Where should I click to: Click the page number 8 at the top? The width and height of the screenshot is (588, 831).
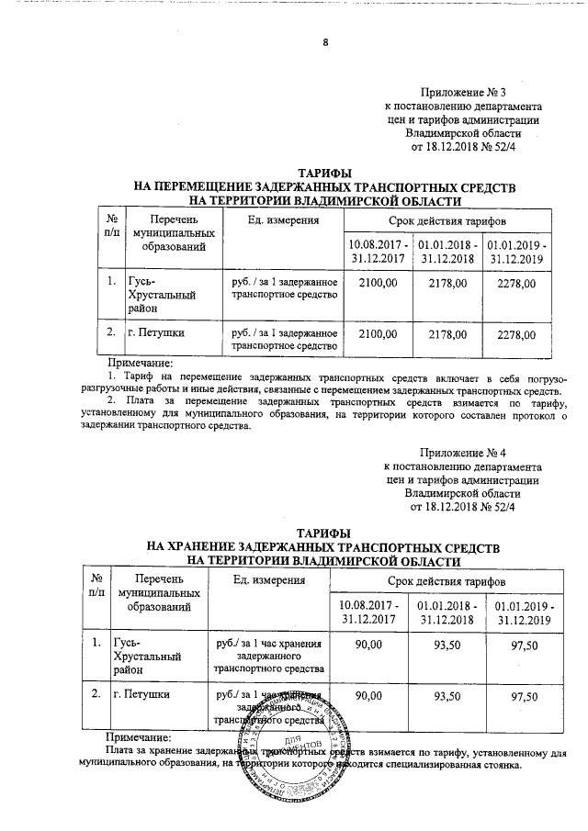[325, 42]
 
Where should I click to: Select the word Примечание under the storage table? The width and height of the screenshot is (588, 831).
[139, 737]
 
